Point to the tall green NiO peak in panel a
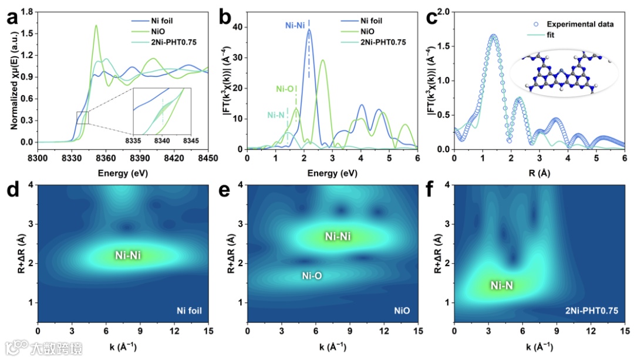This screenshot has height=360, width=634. [96, 27]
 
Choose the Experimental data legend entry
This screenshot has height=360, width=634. [580, 24]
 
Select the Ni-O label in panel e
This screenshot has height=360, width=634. [311, 275]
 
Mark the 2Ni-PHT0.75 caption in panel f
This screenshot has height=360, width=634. [592, 311]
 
